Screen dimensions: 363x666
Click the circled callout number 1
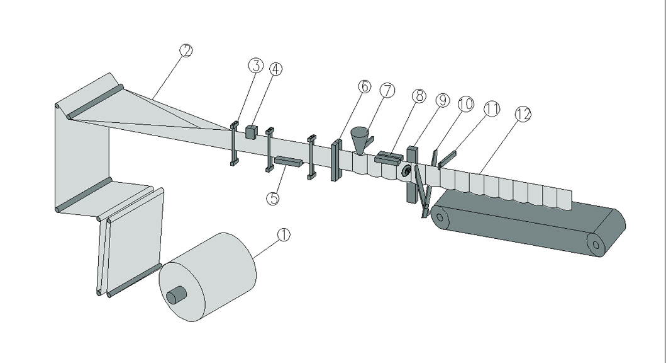284,235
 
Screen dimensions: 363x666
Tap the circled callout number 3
255,66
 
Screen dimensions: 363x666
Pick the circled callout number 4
275,68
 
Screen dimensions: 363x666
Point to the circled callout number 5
273,198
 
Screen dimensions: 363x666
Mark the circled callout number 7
387,90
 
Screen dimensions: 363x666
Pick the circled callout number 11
491,108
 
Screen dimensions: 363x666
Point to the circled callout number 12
522,114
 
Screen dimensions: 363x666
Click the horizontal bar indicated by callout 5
289,162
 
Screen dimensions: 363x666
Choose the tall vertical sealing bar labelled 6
336,160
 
